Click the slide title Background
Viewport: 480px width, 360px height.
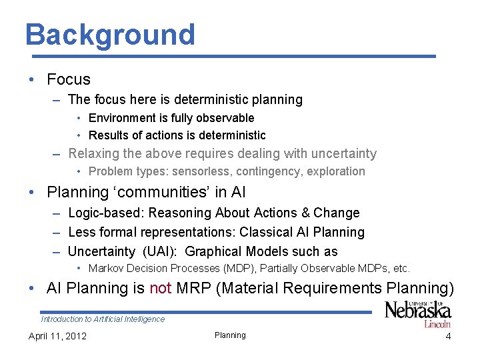coord(110,35)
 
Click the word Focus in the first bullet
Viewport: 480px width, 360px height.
coord(68,80)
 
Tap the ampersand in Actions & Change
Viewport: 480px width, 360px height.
coord(306,213)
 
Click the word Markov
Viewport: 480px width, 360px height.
coord(107,269)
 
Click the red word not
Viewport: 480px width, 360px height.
coord(161,289)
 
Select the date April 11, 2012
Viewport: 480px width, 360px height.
coord(57,336)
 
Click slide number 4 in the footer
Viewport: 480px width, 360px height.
coord(448,336)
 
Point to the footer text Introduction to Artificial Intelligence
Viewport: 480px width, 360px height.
coord(103,319)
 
